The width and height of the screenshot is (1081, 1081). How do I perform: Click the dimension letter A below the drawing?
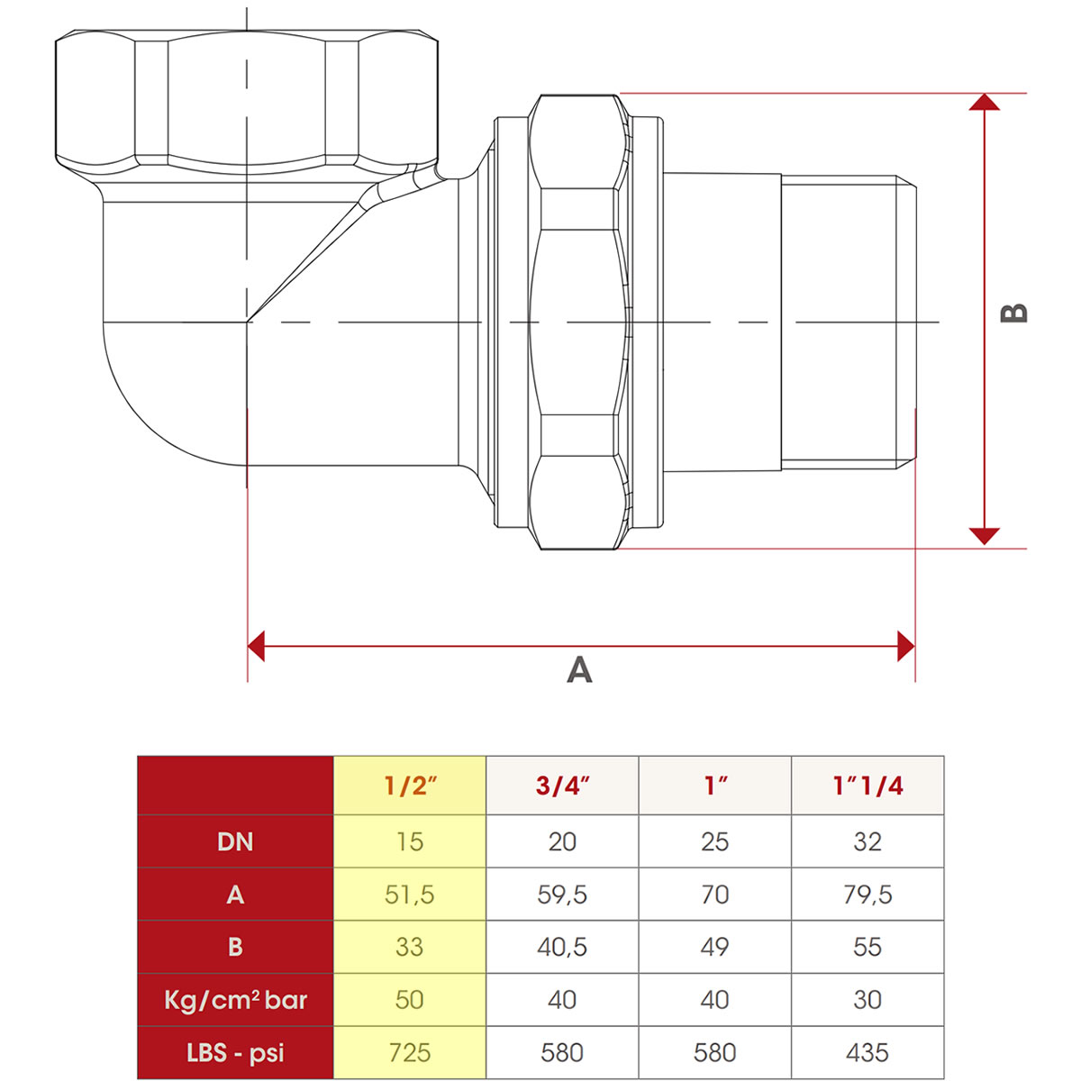click(x=579, y=670)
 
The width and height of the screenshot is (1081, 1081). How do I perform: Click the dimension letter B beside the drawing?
click(x=1014, y=313)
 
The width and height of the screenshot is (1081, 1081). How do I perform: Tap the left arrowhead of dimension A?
click(x=257, y=646)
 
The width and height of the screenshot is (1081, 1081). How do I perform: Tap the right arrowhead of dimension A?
click(x=905, y=646)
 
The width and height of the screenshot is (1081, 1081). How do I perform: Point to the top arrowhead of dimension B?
click(x=985, y=103)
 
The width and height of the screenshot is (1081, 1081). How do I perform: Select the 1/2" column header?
click(x=410, y=786)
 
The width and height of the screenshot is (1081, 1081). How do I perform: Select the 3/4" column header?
click(x=562, y=786)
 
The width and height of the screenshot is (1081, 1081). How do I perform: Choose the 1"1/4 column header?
click(x=868, y=786)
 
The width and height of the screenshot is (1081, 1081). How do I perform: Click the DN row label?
click(x=235, y=841)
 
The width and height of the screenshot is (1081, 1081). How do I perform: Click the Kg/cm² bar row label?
click(x=235, y=1000)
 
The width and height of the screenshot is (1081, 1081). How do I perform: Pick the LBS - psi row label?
click(x=235, y=1052)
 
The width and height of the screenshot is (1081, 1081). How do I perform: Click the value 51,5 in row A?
click(x=410, y=895)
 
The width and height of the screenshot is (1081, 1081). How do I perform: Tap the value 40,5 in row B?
click(x=562, y=947)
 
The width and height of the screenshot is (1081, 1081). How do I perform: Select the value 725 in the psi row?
click(x=410, y=1052)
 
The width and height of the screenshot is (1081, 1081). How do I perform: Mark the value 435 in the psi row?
click(x=868, y=1052)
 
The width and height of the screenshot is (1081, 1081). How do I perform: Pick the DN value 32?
click(x=868, y=841)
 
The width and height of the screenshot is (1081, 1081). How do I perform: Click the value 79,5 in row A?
click(x=868, y=895)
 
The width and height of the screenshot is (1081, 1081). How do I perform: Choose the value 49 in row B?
click(x=714, y=947)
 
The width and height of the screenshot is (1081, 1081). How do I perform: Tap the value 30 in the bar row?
click(x=868, y=1000)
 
